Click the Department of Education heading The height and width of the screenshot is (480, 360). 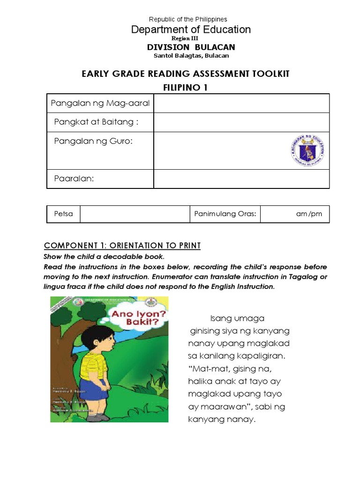point(191,30)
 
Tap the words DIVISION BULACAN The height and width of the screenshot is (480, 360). point(191,47)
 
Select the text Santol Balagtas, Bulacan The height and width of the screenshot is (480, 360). point(191,56)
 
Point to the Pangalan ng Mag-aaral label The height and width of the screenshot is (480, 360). point(100,103)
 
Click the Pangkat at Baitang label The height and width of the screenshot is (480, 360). point(97,122)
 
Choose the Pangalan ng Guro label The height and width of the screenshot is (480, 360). point(93,141)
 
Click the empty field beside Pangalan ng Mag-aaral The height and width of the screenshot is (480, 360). point(241,103)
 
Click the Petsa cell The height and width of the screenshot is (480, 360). point(64,214)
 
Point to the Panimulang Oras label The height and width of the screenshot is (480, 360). point(225,214)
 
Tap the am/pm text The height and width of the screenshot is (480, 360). point(309,214)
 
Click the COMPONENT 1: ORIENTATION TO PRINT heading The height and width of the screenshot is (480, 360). point(122,246)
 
